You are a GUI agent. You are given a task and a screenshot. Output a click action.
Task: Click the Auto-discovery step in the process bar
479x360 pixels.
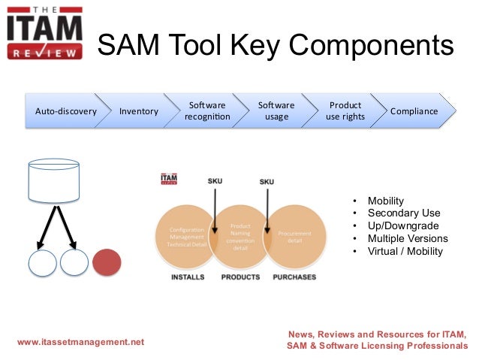coord(66,111)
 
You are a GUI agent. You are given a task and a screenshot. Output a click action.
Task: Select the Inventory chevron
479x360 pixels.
coord(139,111)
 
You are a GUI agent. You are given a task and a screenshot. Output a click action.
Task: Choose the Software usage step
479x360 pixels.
coord(276,111)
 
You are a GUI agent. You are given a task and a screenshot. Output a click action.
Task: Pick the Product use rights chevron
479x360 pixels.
coord(345,111)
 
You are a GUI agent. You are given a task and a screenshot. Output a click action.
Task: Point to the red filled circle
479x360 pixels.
coord(107,263)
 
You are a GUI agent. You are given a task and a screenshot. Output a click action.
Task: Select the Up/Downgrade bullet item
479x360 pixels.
coord(402,226)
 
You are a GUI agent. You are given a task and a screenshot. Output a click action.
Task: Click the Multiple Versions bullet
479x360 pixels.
coord(407,238)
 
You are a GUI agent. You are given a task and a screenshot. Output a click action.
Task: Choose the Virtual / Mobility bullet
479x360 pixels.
coord(405,251)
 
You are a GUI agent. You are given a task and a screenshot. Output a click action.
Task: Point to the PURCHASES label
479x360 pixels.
coord(294,277)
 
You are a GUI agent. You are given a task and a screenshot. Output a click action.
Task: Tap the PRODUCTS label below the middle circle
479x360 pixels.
coord(240,277)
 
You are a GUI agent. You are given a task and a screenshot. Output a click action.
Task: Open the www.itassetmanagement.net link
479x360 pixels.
coord(80,342)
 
